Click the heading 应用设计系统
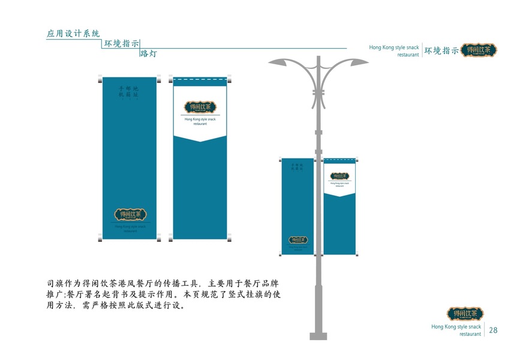(x=73, y=34)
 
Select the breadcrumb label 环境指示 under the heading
(x=122, y=44)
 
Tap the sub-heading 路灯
(x=148, y=54)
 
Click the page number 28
(x=494, y=330)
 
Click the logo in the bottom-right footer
(x=465, y=314)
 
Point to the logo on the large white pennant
(x=200, y=107)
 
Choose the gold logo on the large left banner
(x=130, y=214)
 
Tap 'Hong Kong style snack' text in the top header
(x=394, y=47)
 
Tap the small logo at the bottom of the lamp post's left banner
(x=297, y=240)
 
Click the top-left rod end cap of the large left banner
(x=100, y=79)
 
